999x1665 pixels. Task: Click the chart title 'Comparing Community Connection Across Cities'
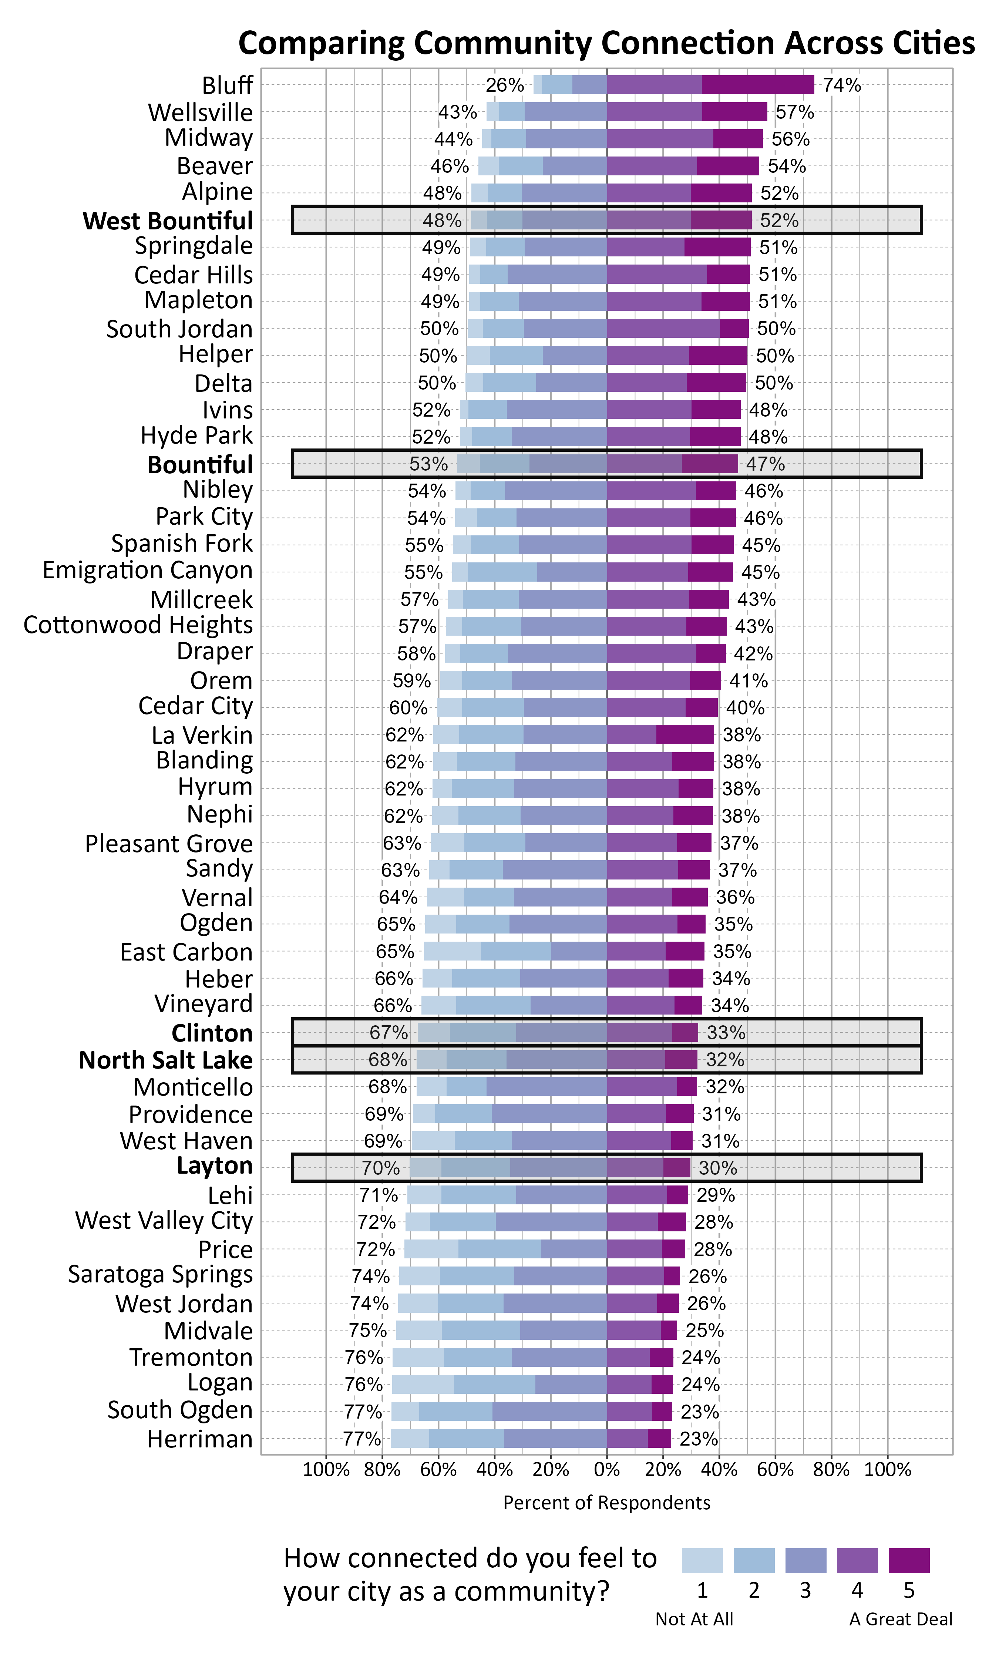pyautogui.click(x=606, y=43)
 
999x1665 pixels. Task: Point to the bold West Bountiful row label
pyautogui.click(x=168, y=221)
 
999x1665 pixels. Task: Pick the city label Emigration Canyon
pyautogui.click(x=147, y=571)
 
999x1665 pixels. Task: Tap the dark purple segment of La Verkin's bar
pyautogui.click(x=684, y=735)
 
